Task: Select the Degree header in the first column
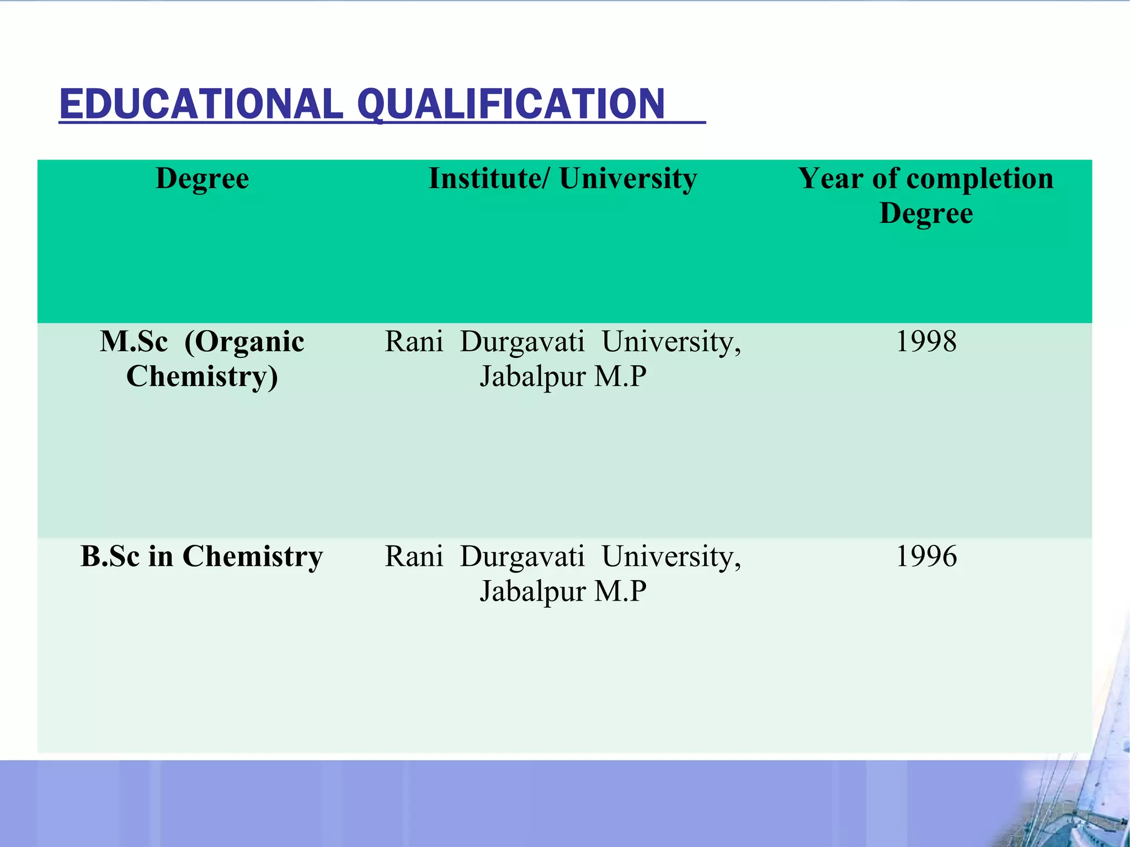tap(202, 179)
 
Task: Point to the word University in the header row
tap(628, 179)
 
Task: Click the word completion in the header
tap(979, 179)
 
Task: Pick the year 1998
tap(926, 341)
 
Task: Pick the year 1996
tap(926, 556)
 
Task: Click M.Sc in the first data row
tap(134, 341)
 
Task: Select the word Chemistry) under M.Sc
tap(202, 377)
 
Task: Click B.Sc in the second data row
tap(110, 556)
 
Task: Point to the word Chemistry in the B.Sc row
tap(252, 556)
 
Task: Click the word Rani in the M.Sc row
tap(414, 341)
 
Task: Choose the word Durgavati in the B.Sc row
tap(522, 556)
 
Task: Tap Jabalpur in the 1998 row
tap(532, 377)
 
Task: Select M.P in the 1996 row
tap(620, 591)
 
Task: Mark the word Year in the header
tap(830, 179)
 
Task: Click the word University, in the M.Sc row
tap(671, 341)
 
